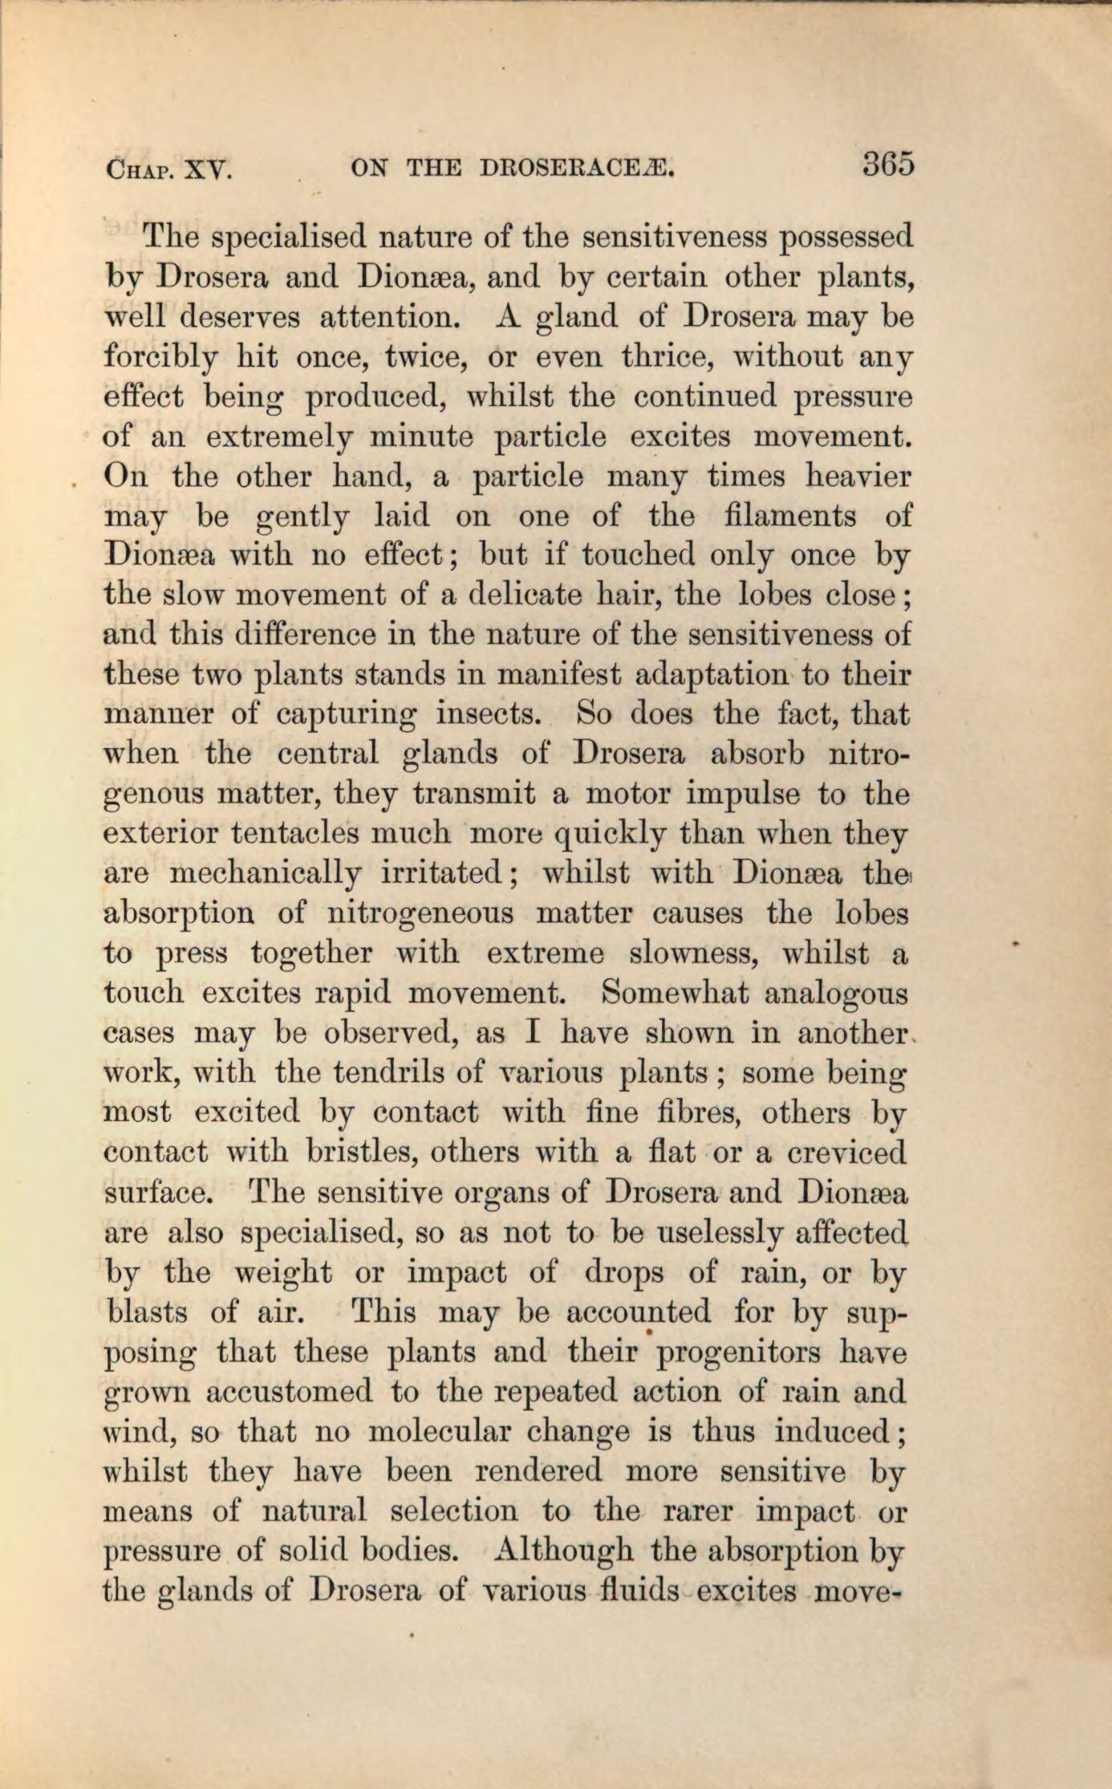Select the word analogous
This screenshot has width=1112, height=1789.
pos(836,994)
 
